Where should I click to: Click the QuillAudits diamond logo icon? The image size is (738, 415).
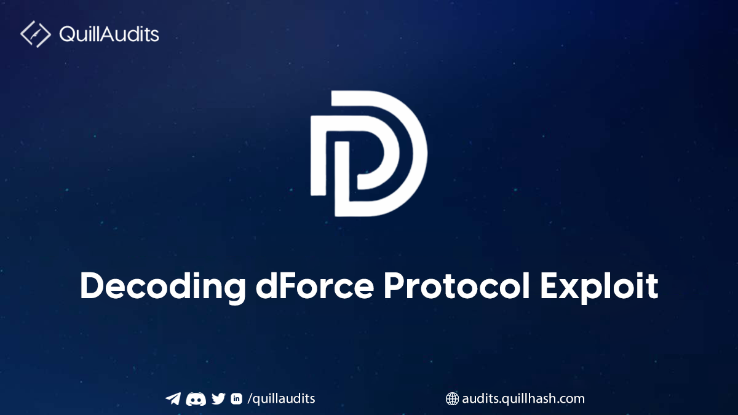pyautogui.click(x=36, y=34)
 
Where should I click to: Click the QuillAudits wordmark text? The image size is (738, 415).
pyautogui.click(x=109, y=34)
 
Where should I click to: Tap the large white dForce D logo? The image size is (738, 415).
pyautogui.click(x=369, y=154)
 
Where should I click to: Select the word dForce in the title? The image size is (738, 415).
pyautogui.click(x=315, y=285)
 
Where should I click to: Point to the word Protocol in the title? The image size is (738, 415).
pyautogui.click(x=457, y=285)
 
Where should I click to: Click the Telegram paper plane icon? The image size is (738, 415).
pyautogui.click(x=173, y=398)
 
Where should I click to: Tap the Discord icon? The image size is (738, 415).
pyautogui.click(x=196, y=399)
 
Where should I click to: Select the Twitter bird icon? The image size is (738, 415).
pyautogui.click(x=218, y=398)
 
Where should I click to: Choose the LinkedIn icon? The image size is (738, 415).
pyautogui.click(x=236, y=398)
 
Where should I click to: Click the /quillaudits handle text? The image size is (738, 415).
pyautogui.click(x=281, y=399)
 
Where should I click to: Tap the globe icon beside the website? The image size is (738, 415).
pyautogui.click(x=452, y=399)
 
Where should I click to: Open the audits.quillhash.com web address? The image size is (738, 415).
pyautogui.click(x=523, y=399)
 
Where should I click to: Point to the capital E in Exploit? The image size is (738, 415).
pyautogui.click(x=550, y=285)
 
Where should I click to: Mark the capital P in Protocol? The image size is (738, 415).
pyautogui.click(x=395, y=285)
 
